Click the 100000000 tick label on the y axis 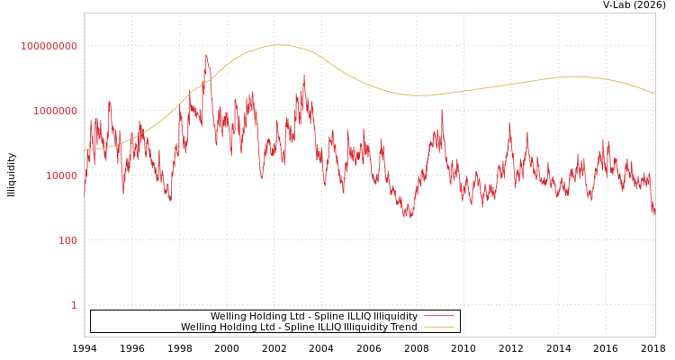pyautogui.click(x=49, y=46)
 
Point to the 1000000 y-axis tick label pyautogui.click(x=55, y=111)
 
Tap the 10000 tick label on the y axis pyautogui.click(x=61, y=175)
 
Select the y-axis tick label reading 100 pyautogui.click(x=67, y=240)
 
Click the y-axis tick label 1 pyautogui.click(x=74, y=305)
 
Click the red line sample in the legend pyautogui.click(x=438, y=316)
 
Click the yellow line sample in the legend pyautogui.click(x=438, y=327)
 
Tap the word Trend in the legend pyautogui.click(x=403, y=328)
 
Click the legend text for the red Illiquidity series pyautogui.click(x=313, y=317)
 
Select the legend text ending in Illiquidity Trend pyautogui.click(x=299, y=328)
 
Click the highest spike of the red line pyautogui.click(x=206, y=55)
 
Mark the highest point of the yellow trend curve pyautogui.click(x=279, y=44)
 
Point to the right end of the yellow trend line pyautogui.click(x=654, y=94)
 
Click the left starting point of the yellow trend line pyautogui.click(x=85, y=149)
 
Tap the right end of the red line pyautogui.click(x=654, y=214)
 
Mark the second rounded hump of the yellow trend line pyautogui.click(x=576, y=76)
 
